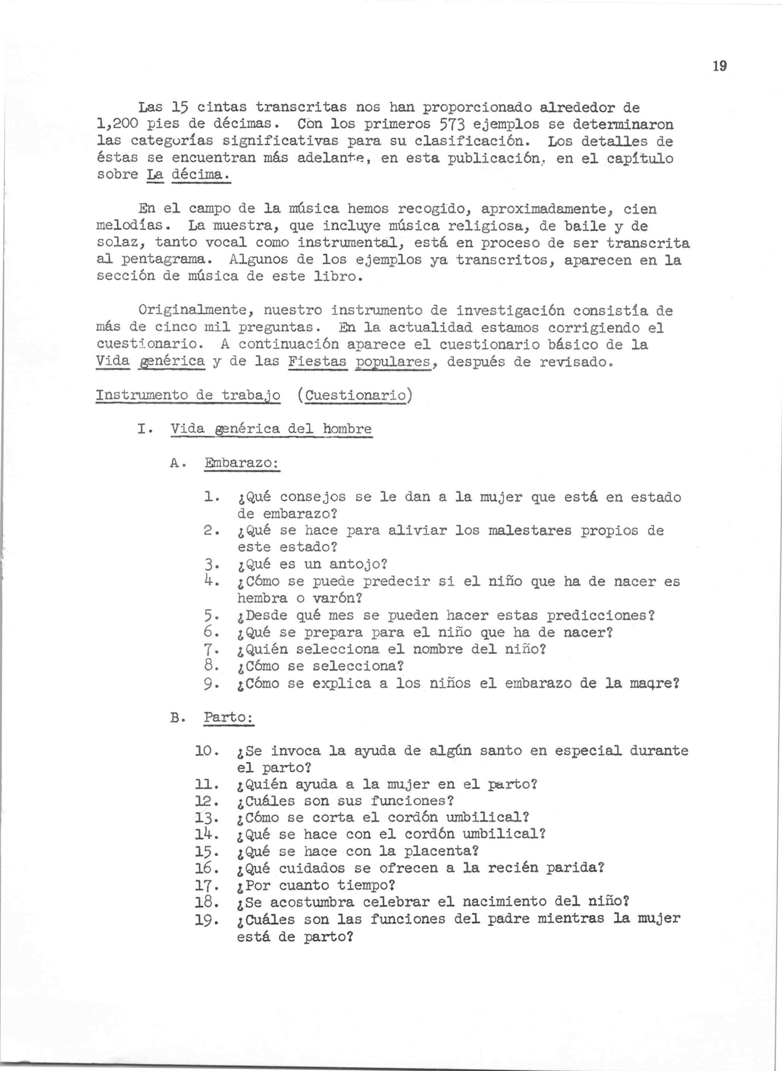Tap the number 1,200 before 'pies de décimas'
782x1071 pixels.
pos(117,125)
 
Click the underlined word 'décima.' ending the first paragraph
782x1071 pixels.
pos(200,175)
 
